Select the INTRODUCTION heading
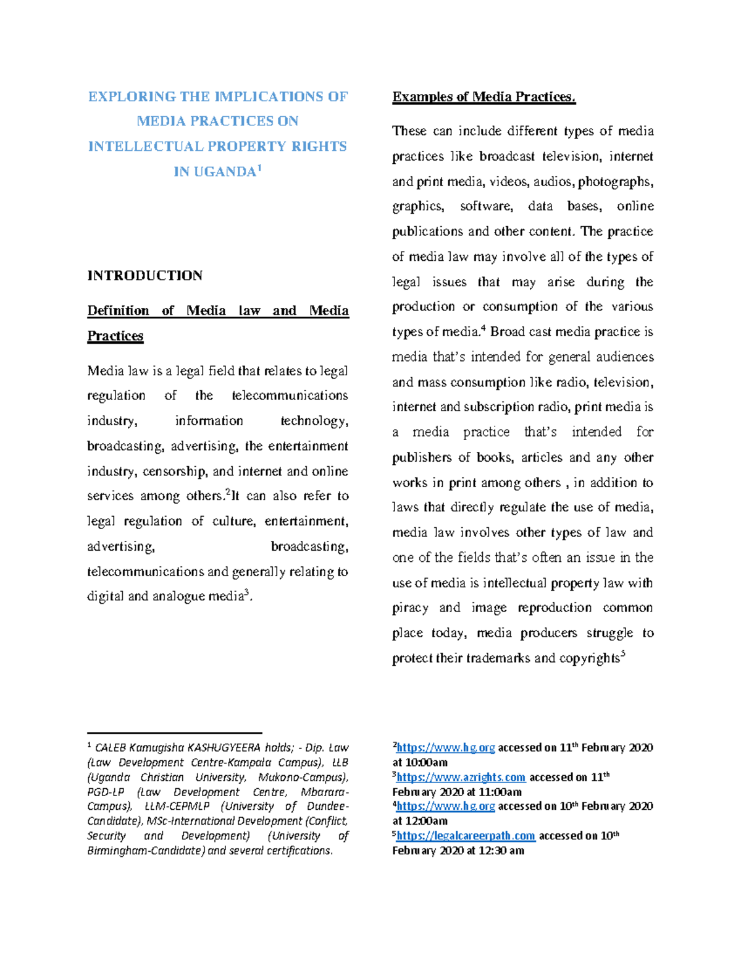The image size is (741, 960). [144, 276]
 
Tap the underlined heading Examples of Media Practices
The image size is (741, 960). [484, 97]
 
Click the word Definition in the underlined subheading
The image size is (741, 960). [118, 311]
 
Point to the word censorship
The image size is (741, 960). [175, 472]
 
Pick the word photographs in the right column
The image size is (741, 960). [615, 182]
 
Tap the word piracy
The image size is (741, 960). [410, 608]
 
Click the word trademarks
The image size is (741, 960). [498, 658]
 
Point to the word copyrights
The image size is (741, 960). [589, 658]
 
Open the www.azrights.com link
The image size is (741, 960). [461, 777]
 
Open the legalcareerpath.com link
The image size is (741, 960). [466, 836]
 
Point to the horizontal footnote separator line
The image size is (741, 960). [175, 733]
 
